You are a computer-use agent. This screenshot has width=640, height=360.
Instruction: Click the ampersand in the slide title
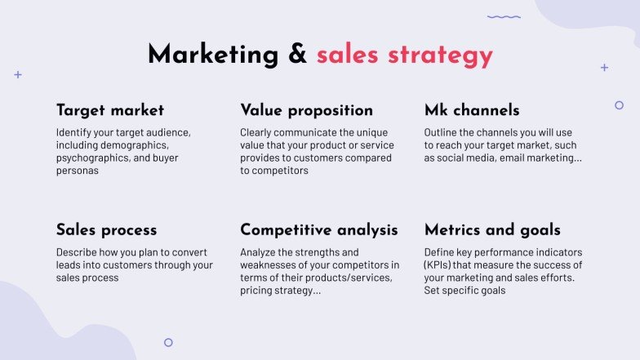point(296,55)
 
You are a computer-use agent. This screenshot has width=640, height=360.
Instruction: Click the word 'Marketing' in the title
point(212,55)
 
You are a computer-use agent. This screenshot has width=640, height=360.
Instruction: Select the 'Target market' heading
point(110,110)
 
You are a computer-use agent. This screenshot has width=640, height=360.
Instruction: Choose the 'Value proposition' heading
point(306,110)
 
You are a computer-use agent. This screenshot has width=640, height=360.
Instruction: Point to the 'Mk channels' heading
point(472,110)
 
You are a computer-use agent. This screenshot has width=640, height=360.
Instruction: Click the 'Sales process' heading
point(106,230)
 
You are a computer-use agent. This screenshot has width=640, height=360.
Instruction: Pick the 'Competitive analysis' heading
point(319,230)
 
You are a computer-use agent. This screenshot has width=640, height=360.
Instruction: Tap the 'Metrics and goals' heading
point(492,230)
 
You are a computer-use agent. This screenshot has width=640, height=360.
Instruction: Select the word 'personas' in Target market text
point(77,171)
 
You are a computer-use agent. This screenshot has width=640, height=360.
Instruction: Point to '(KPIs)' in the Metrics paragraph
point(441,264)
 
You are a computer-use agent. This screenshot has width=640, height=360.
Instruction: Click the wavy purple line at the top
point(504,16)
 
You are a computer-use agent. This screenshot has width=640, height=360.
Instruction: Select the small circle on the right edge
point(619,105)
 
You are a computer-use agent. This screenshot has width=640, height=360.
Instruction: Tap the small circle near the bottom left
point(168,343)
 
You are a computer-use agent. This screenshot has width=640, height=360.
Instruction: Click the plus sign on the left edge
point(18,74)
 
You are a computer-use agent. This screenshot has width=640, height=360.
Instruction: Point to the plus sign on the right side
point(604,68)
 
